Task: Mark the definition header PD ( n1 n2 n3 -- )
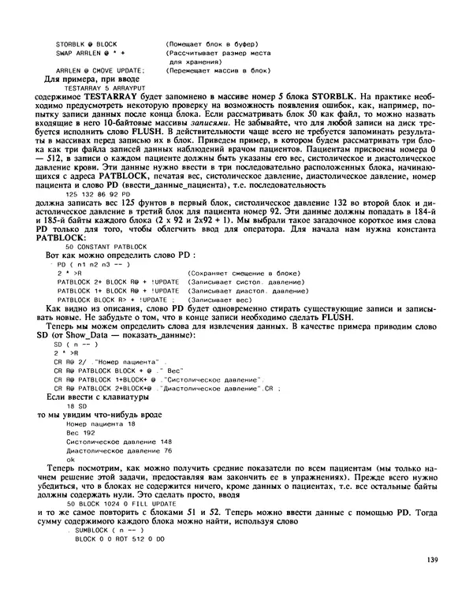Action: (x=92, y=266)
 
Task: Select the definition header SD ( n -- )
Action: (x=75, y=345)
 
